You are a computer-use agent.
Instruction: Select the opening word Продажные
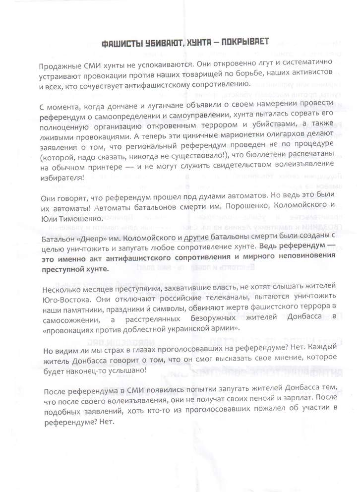pos(58,66)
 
